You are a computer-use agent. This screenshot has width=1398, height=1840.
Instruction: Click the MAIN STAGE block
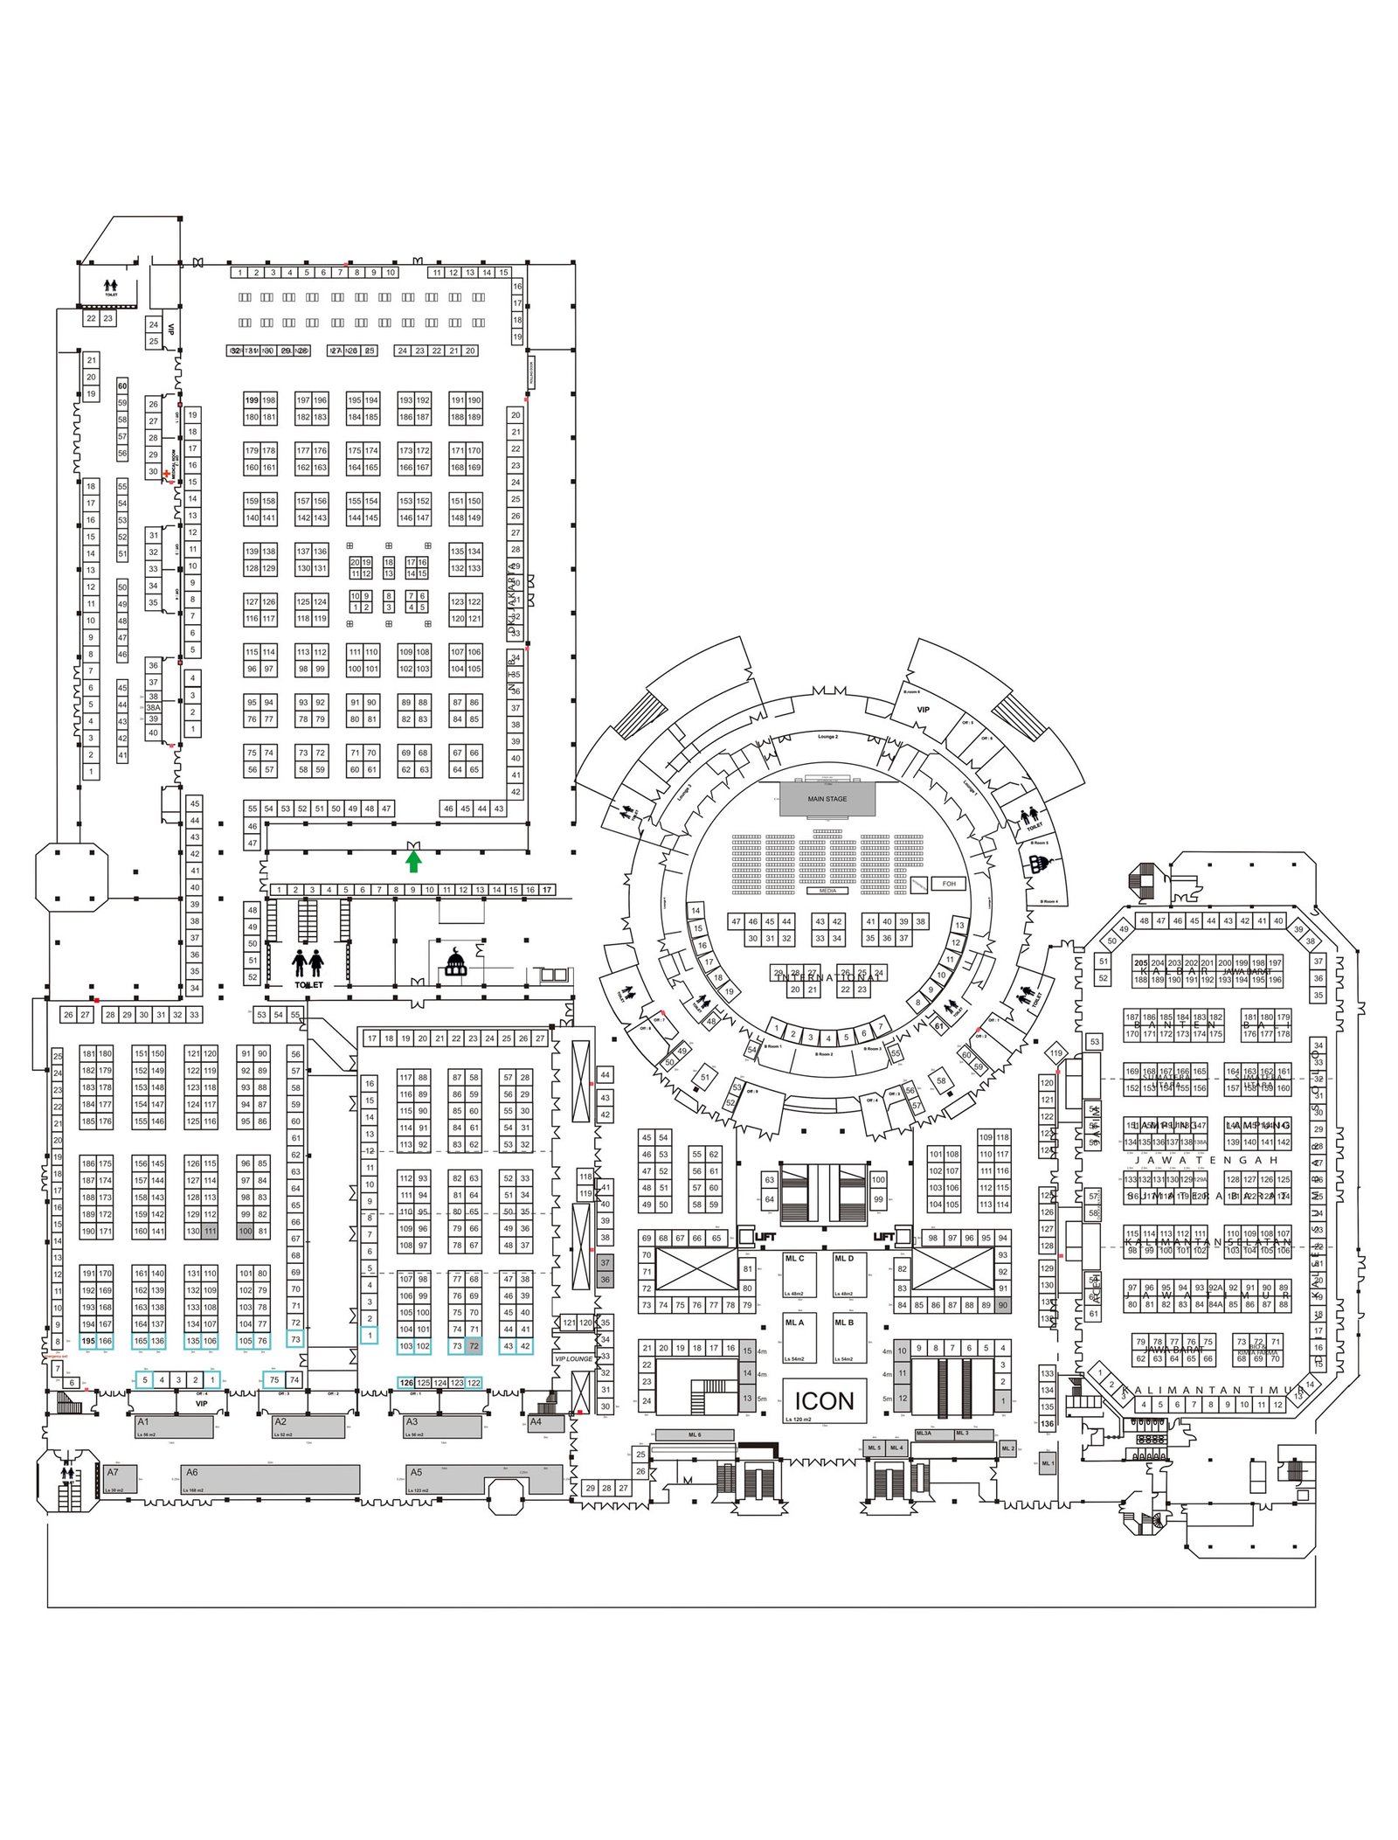pos(827,799)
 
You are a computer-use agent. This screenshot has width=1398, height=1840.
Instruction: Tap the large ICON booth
pos(824,1402)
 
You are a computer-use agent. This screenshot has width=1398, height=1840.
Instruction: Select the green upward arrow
pos(413,862)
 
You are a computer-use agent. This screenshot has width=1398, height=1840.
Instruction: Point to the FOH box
pos(949,884)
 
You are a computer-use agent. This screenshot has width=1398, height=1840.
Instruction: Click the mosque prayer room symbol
pos(455,964)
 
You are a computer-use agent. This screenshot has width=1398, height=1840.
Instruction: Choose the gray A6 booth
pos(272,1479)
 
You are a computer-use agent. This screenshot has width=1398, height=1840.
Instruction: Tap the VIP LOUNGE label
pos(573,1359)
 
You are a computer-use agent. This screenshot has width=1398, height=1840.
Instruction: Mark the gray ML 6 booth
pos(695,1435)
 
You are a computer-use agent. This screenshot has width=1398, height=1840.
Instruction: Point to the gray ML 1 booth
pos(1048,1463)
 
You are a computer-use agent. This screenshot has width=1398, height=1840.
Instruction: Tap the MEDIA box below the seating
pos(827,891)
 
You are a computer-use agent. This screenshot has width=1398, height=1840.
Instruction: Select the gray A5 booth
pos(484,1479)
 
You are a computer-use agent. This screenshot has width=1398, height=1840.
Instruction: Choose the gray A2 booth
pos(309,1427)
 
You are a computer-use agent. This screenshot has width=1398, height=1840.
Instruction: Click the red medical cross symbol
pos(166,473)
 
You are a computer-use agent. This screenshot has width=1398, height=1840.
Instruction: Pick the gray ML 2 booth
pos(1007,1448)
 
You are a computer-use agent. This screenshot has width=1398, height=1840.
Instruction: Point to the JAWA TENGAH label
pos(1206,1160)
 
